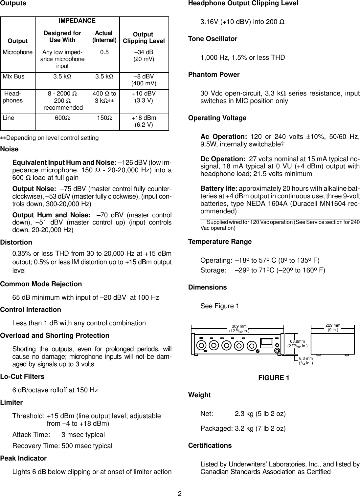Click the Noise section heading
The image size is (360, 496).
click(10, 149)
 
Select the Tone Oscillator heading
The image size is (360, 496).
click(213, 39)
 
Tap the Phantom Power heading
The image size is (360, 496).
click(214, 75)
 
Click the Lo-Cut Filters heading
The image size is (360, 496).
click(22, 376)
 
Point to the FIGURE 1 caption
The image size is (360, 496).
click(274, 378)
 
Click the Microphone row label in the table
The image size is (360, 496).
click(18, 52)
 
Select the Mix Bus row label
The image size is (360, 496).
click(13, 76)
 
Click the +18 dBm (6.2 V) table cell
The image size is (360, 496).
click(144, 121)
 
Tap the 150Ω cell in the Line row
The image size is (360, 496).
click(104, 118)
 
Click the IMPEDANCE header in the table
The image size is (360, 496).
click(77, 21)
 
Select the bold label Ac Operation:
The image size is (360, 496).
click(223, 137)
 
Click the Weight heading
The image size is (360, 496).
click(199, 395)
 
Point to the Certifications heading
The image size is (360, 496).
click(210, 445)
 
